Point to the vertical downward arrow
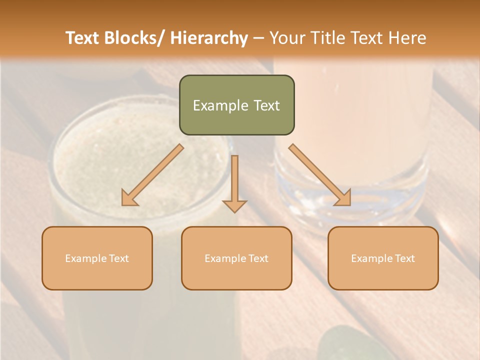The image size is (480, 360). (234, 182)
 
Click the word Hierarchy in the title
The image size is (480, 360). (209, 38)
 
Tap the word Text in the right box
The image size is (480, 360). (404, 258)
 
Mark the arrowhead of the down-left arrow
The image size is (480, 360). (129, 198)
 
